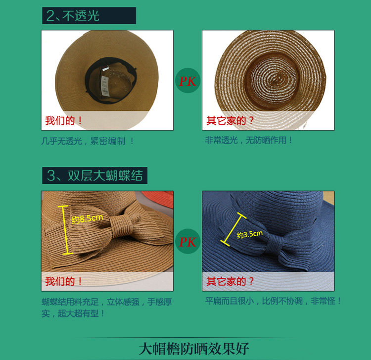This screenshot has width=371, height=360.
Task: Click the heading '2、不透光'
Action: pyautogui.click(x=73, y=15)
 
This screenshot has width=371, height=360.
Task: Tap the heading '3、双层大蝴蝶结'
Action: pyautogui.click(x=94, y=176)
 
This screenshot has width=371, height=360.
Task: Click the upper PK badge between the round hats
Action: pyautogui.click(x=188, y=81)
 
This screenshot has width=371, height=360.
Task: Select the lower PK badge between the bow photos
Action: pyautogui.click(x=188, y=241)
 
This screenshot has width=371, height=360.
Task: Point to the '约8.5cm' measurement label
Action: pyautogui.click(x=87, y=218)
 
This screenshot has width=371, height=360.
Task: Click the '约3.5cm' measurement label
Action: pyautogui.click(x=250, y=234)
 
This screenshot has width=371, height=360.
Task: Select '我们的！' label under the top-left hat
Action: pyautogui.click(x=64, y=120)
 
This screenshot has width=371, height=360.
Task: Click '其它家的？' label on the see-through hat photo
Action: pyautogui.click(x=230, y=120)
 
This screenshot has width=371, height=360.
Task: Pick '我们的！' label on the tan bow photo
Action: pyautogui.click(x=64, y=281)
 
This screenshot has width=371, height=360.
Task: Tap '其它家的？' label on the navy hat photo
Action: pyautogui.click(x=230, y=281)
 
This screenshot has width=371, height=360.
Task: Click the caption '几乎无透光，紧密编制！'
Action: pyautogui.click(x=88, y=141)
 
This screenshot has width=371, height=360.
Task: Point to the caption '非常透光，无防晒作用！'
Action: pyautogui.click(x=249, y=140)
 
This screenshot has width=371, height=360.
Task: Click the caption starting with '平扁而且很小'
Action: pyautogui.click(x=273, y=301)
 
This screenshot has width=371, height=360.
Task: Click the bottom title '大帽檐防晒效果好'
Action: pyautogui.click(x=193, y=348)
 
